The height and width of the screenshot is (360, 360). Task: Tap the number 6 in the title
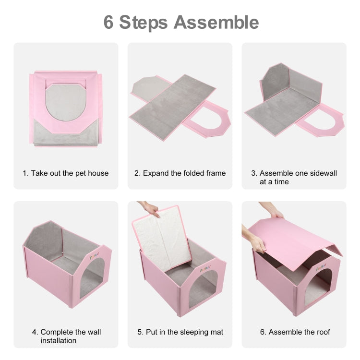[109, 22]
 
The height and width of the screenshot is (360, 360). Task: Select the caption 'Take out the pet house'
[66, 173]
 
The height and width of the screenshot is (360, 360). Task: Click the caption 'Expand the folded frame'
[180, 173]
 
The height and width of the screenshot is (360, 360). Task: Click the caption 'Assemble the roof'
[294, 332]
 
